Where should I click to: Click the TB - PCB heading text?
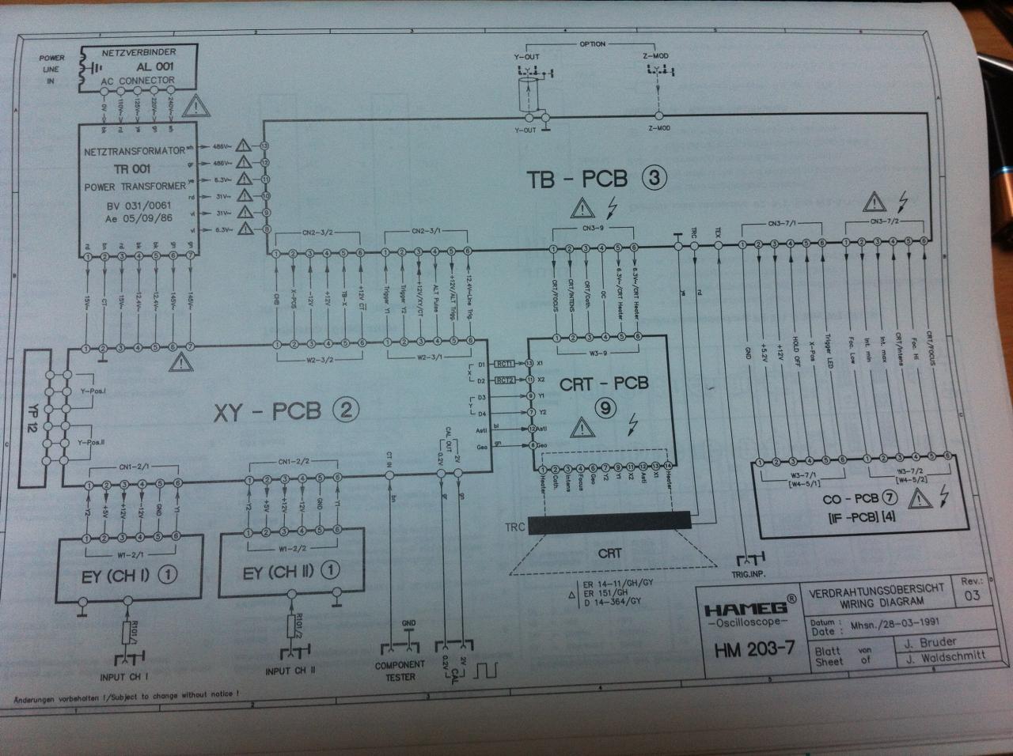tap(577, 178)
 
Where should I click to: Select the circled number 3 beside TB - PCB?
tap(654, 177)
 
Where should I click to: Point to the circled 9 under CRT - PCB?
tap(605, 409)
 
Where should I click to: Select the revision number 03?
tap(971, 595)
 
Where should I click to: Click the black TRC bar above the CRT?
tap(609, 523)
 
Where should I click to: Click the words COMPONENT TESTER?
tap(400, 671)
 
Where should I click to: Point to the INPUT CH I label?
tap(124, 677)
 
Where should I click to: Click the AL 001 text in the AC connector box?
tap(154, 66)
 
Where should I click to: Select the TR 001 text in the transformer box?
tap(131, 168)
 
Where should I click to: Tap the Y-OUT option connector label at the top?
tap(526, 56)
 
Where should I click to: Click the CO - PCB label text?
tap(851, 499)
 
